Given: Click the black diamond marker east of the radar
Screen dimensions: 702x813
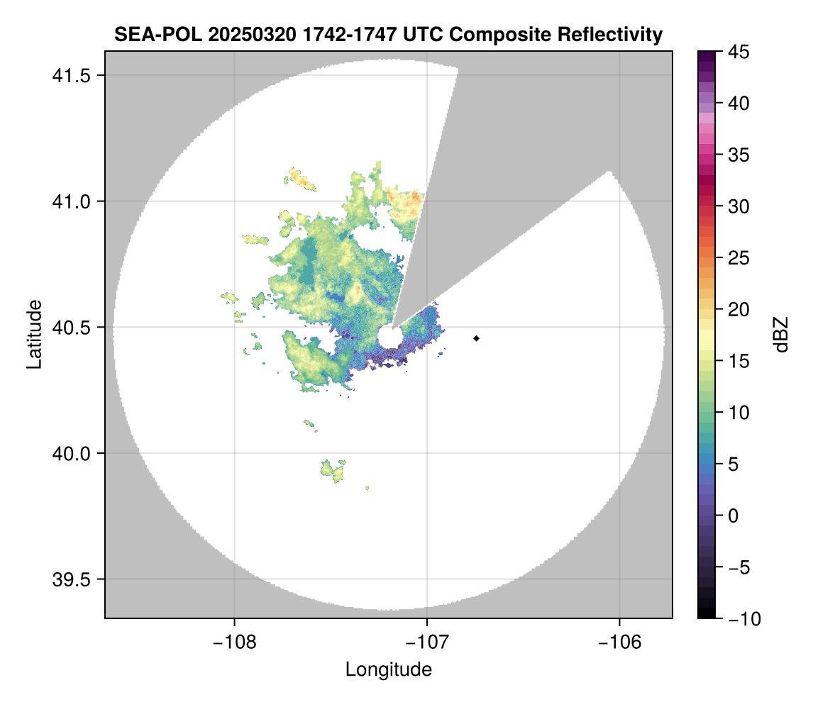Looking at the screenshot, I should pyautogui.click(x=476, y=338).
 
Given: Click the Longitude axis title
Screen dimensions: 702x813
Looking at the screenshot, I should pyautogui.click(x=389, y=669).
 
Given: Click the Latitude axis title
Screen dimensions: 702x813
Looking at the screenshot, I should pyautogui.click(x=34, y=334).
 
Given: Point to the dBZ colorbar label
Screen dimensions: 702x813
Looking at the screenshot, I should pyautogui.click(x=781, y=334).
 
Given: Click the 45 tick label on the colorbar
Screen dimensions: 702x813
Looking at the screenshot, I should pyautogui.click(x=736, y=52).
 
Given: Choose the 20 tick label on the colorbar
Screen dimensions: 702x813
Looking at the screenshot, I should pyautogui.click(x=736, y=310).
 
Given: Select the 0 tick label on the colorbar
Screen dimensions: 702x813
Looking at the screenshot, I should pyautogui.click(x=732, y=516).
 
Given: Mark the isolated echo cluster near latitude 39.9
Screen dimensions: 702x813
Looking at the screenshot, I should pyautogui.click(x=333, y=469).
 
